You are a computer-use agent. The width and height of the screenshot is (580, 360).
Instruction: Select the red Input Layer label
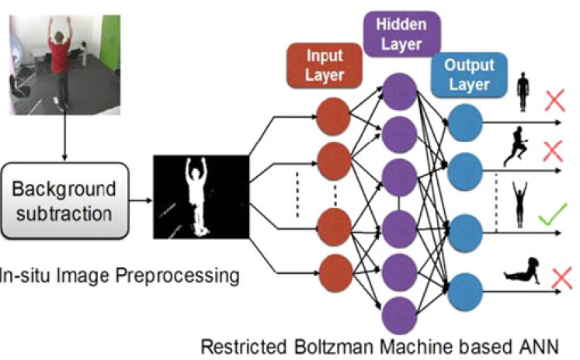click(325, 66)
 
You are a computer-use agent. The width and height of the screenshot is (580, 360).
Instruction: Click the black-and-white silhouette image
click(200, 197)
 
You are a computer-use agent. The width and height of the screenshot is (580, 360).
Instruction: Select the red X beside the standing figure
click(554, 101)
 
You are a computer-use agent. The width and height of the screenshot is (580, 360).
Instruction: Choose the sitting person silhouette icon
click(522, 269)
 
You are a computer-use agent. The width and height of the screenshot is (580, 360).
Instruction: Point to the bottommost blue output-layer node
click(465, 286)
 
